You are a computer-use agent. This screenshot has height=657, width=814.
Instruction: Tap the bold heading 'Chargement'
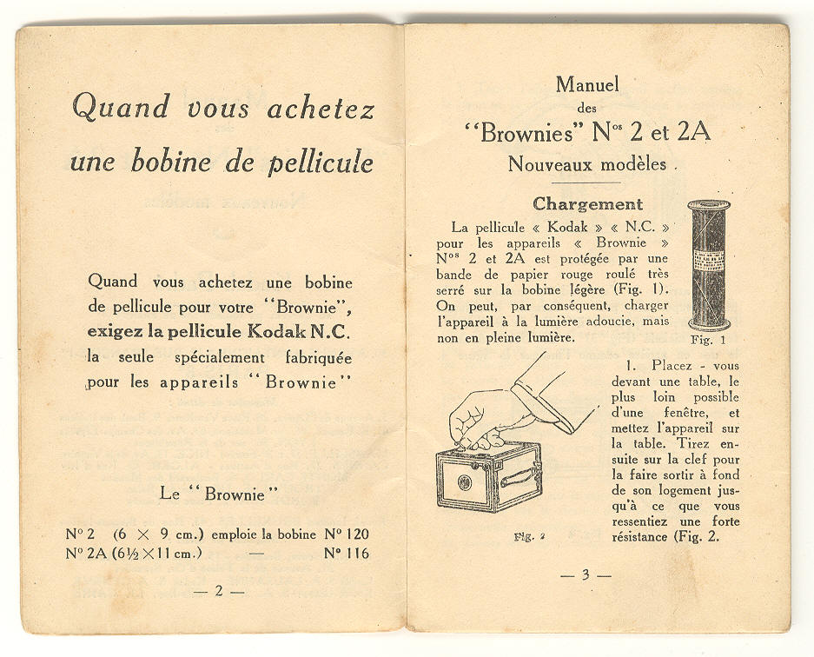coord(587,204)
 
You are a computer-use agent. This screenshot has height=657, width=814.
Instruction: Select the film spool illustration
coord(708,264)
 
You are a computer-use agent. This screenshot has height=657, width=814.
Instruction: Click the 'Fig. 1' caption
coord(707,339)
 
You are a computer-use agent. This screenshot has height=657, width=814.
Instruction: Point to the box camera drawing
coord(487,474)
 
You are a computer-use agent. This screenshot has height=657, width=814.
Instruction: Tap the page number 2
coord(218,591)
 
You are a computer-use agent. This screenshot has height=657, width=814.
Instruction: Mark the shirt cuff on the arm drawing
coord(543,404)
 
